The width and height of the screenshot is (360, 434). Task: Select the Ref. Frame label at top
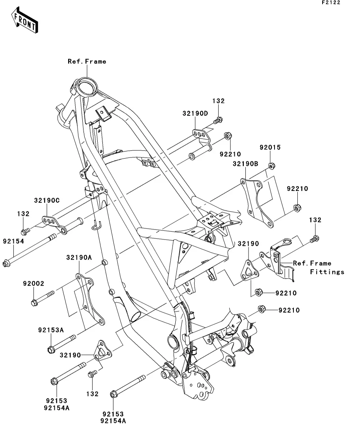pos(87,61)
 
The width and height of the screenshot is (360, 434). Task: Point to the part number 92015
pos(270,148)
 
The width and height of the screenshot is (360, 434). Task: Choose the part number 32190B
pos(245,163)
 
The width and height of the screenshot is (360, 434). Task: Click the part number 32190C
pos(46,200)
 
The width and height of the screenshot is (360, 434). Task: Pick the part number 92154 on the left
pos(14,241)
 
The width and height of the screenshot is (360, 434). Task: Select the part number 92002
pos(33,283)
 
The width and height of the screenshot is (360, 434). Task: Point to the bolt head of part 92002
pos(34,303)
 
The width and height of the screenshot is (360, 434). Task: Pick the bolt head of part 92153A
pos(51,349)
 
